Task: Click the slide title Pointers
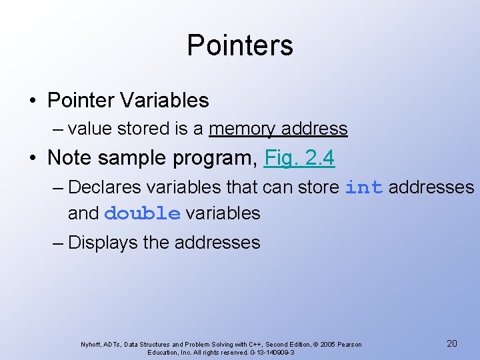240,45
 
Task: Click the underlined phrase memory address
278,129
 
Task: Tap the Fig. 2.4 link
299,158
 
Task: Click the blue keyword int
363,187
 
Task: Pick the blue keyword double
143,213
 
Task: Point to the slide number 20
451,343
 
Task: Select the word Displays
103,242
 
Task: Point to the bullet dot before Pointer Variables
33,101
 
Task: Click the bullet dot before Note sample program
33,159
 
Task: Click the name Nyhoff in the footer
91,345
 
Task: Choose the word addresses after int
431,187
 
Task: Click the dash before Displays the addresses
58,242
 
